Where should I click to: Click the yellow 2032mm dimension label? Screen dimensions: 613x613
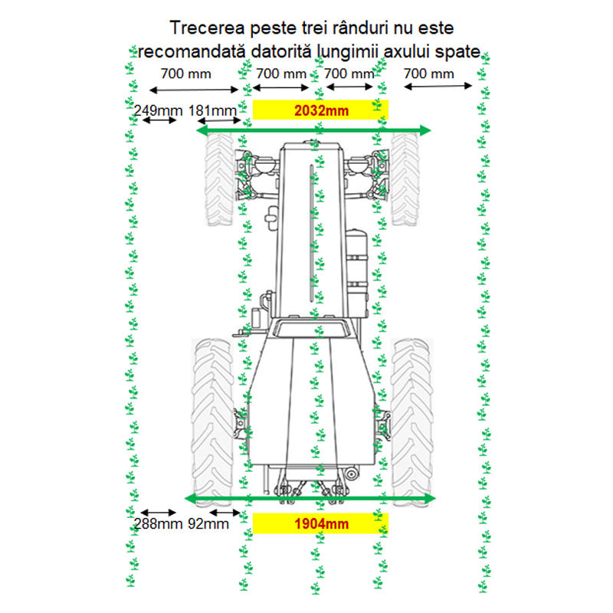(x=320, y=110)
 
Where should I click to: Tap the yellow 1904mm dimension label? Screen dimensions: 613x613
(x=320, y=523)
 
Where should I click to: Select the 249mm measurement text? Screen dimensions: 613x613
(x=159, y=110)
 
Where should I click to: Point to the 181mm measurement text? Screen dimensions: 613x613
(x=212, y=110)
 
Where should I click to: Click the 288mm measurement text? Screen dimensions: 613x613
(x=159, y=524)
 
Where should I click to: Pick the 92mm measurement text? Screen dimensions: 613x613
(x=208, y=524)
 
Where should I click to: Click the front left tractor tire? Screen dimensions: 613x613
(x=219, y=179)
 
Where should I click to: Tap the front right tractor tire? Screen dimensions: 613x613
(x=405, y=179)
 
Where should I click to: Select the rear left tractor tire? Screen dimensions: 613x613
(x=213, y=423)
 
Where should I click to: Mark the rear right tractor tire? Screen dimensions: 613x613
(x=412, y=423)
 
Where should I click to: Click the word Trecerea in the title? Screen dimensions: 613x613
(x=207, y=28)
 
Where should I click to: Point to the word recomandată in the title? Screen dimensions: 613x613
(x=192, y=51)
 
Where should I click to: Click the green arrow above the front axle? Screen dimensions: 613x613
(x=313, y=130)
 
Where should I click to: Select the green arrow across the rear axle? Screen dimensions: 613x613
(x=310, y=499)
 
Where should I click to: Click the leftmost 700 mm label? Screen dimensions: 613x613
(x=186, y=74)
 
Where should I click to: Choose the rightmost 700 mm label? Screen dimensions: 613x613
(x=429, y=74)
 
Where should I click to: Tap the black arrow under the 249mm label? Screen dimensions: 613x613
(x=159, y=120)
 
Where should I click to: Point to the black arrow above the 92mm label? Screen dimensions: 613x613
(x=225, y=513)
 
